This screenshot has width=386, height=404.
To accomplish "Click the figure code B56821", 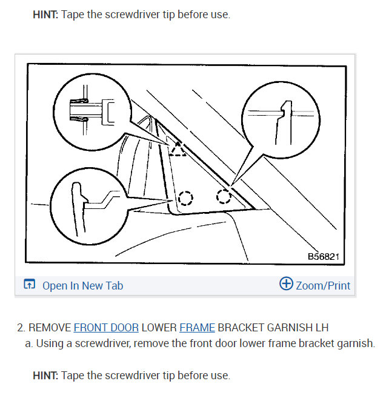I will coord(325,257).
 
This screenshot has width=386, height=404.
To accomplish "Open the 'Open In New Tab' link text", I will coord(82,285).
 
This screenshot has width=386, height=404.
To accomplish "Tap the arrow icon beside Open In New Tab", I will coord(29,285).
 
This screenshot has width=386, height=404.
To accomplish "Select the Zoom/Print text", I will coord(323,285).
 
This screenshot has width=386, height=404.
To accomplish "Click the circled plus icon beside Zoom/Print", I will coord(286,284).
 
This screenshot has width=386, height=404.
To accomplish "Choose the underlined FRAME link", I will coord(197,328).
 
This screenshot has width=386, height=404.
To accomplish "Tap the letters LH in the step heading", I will coord(321,328).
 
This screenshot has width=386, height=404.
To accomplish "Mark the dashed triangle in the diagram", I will coord(177,148).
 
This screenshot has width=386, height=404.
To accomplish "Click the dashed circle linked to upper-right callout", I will coord(224,196).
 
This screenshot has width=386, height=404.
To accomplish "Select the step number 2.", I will coord(20,328).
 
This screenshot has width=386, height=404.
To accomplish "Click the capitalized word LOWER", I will coord(159,328).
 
